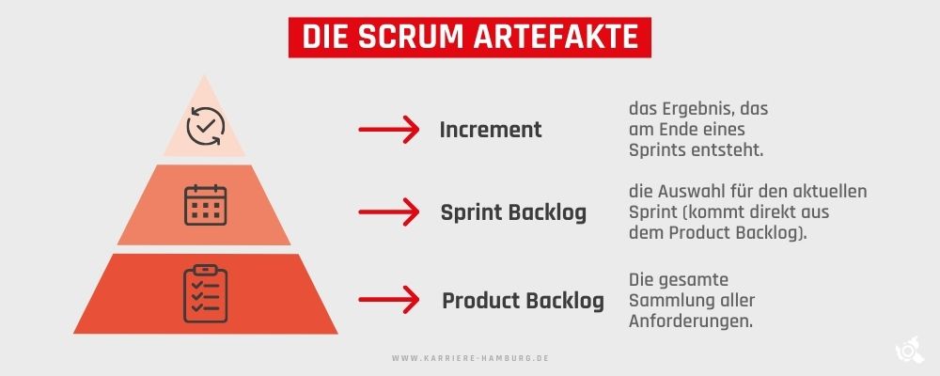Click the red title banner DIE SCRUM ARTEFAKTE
click(469, 38)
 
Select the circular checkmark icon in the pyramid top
click(206, 126)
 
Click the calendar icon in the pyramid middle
click(205, 205)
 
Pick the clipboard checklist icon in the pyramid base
click(205, 293)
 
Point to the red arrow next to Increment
click(388, 130)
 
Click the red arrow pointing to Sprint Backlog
click(388, 212)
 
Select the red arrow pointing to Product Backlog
click(388, 299)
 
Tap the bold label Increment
click(491, 130)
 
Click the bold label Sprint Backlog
click(513, 212)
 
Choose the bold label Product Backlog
click(523, 301)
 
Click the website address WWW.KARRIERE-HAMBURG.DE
click(471, 358)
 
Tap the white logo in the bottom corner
click(909, 351)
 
